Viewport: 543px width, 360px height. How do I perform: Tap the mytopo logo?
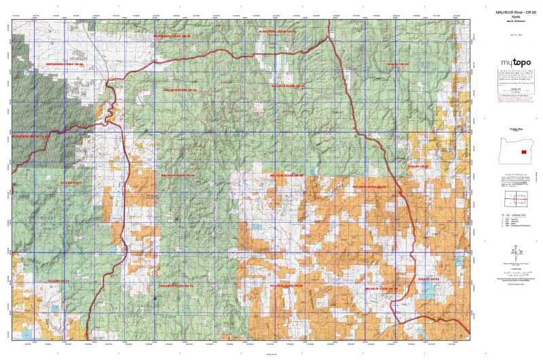click(x=512, y=65)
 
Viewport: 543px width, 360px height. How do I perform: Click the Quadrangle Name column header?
click(x=520, y=213)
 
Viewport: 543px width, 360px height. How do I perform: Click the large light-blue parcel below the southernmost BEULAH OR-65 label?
click(x=428, y=289)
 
